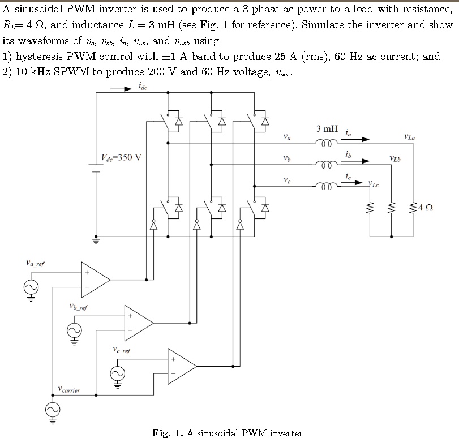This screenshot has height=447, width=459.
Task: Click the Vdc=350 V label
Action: (121, 157)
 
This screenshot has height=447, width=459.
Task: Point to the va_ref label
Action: (36, 263)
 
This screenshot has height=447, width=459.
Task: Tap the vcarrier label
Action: (69, 389)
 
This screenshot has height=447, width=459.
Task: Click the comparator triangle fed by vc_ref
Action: (181, 366)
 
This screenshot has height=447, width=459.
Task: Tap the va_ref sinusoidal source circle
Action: (29, 289)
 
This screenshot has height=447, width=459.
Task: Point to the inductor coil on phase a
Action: (328, 144)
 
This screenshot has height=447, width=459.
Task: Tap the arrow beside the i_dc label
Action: (120, 89)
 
